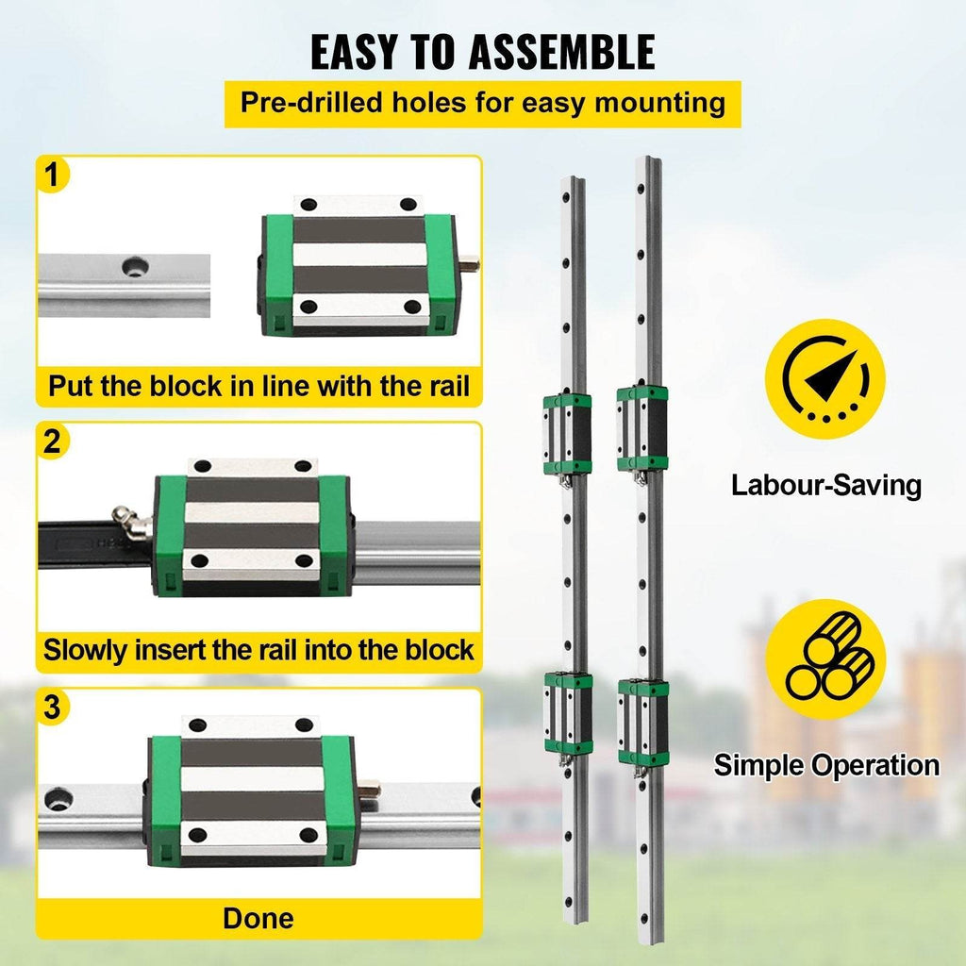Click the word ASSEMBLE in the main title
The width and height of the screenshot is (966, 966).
[x=561, y=53]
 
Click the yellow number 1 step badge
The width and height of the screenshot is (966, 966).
[x=53, y=175]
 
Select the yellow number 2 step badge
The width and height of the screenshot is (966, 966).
[x=53, y=441]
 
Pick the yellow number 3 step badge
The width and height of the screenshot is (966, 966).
[x=53, y=707]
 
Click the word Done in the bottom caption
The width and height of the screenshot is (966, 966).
[x=258, y=918]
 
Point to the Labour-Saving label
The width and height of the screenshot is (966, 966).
[x=826, y=486]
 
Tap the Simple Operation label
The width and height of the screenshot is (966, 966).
[x=826, y=765]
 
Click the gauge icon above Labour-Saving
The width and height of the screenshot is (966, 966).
[x=824, y=379]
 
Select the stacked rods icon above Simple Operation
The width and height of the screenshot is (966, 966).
[x=825, y=659]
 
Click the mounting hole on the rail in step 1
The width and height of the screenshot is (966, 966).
[x=135, y=267]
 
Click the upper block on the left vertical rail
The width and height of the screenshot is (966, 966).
[x=567, y=434]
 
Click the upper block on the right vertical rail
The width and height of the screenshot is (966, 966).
[x=641, y=429]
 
